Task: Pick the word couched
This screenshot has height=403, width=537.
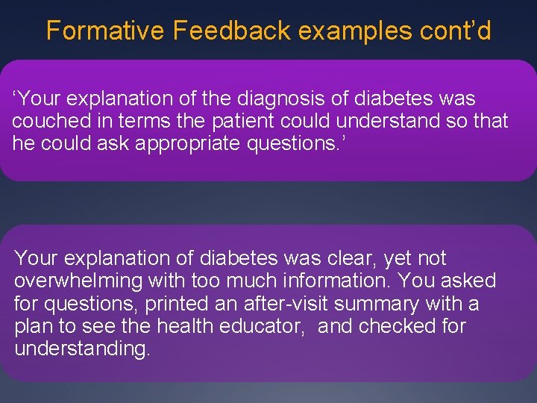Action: (45, 122)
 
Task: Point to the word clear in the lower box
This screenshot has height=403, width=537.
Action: (354, 259)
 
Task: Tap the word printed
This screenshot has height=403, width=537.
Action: (160, 304)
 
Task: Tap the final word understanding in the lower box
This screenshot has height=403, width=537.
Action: (82, 349)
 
